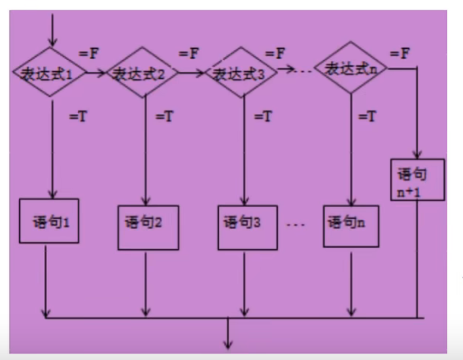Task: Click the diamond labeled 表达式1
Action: coord(52,72)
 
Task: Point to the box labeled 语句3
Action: coord(244,224)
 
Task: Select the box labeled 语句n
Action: coord(352,224)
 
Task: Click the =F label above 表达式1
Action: coord(88,54)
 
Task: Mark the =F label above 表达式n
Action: coord(400,52)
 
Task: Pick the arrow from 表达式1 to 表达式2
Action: coord(96,73)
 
